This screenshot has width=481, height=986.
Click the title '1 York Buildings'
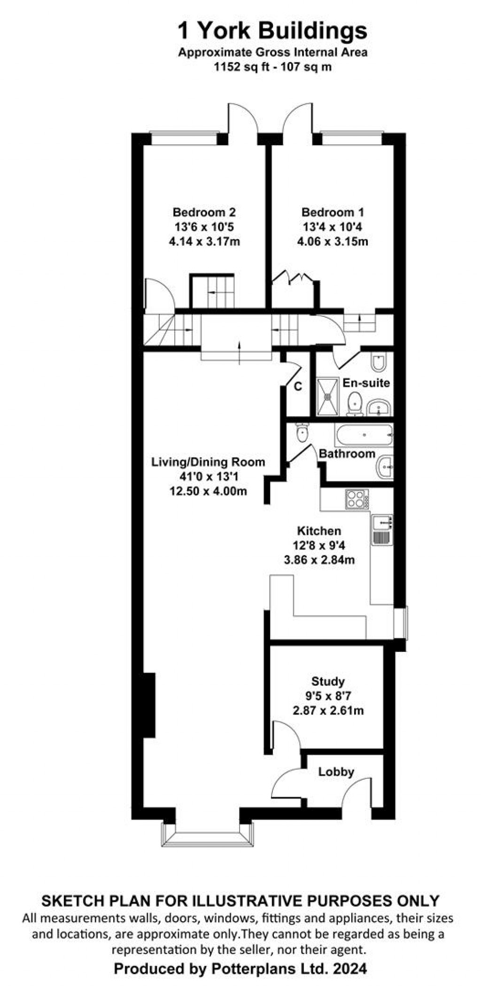point(272,31)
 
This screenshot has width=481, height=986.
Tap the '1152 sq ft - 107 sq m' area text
point(272,67)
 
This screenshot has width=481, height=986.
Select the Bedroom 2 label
point(204,212)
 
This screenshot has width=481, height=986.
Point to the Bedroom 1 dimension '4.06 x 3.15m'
point(332,242)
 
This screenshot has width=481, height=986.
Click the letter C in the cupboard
point(298,387)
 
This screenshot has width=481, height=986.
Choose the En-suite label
point(366,383)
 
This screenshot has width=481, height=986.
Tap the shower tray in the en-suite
point(327,397)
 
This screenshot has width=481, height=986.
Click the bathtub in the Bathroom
point(364,435)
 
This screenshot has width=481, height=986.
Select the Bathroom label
point(347,454)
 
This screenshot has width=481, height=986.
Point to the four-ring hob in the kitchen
point(357,499)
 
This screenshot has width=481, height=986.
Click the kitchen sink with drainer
point(382,530)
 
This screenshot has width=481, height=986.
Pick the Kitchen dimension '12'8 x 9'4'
point(319,546)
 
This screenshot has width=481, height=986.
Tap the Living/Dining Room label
point(208,462)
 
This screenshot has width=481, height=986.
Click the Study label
point(328,681)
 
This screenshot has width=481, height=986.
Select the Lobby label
point(336,772)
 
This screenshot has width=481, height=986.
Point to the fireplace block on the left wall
point(149,705)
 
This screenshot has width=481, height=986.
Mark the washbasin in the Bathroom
point(385,467)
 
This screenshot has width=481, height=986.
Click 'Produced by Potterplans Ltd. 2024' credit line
point(240,969)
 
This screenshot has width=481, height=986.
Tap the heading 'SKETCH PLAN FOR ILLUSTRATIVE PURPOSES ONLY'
point(240,901)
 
